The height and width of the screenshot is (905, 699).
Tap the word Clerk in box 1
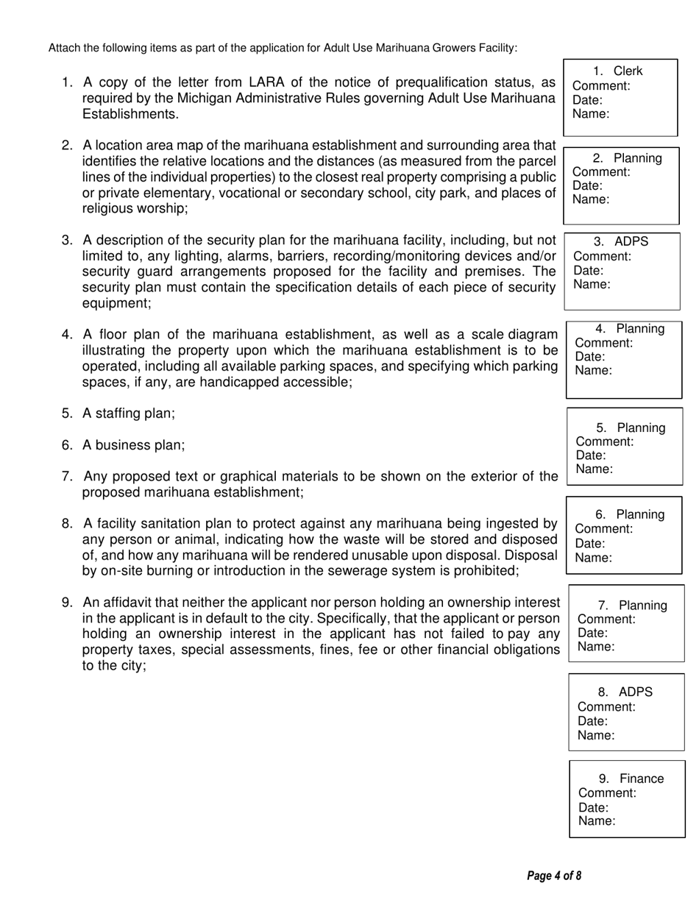(628, 71)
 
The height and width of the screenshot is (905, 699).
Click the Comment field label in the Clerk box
(601, 86)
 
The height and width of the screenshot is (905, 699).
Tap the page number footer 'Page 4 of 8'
(554, 876)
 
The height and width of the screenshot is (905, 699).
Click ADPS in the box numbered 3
(631, 242)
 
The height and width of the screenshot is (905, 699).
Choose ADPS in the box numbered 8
(635, 692)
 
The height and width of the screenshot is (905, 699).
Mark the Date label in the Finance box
(593, 808)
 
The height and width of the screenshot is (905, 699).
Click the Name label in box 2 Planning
(591, 199)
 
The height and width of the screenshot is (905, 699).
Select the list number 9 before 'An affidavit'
(67, 603)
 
